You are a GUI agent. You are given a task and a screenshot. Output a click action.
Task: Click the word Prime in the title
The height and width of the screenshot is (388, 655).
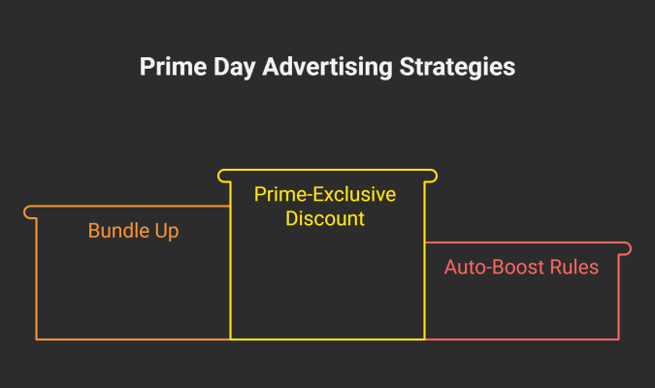click(174, 67)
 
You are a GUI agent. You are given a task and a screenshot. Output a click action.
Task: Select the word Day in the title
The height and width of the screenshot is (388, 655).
click(235, 68)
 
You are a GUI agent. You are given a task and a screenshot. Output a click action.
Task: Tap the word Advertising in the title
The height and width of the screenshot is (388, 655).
click(328, 68)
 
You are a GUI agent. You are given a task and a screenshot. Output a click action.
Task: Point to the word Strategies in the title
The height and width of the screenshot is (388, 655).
click(457, 68)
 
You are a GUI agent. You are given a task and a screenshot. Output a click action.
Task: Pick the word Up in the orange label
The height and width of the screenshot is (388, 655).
click(167, 232)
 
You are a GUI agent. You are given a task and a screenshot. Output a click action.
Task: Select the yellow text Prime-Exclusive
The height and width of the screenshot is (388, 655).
click(325, 195)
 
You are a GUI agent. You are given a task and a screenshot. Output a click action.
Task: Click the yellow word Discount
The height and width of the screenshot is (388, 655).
click(325, 218)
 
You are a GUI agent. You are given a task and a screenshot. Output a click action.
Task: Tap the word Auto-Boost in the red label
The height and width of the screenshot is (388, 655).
click(495, 268)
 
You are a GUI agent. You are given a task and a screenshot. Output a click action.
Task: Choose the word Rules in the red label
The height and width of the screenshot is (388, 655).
click(574, 268)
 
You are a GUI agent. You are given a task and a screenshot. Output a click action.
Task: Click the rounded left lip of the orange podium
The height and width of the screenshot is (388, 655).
click(28, 212)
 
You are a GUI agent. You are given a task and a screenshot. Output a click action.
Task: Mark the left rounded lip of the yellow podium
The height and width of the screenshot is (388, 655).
click(222, 176)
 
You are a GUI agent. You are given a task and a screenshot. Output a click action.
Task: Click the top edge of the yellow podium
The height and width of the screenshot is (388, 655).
click(328, 170)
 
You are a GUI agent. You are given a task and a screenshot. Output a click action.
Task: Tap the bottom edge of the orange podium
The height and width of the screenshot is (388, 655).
click(133, 339)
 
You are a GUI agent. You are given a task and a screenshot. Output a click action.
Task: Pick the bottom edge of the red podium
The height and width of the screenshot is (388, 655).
click(522, 339)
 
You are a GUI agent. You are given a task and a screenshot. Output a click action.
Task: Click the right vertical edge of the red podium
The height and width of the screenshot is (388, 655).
click(619, 298)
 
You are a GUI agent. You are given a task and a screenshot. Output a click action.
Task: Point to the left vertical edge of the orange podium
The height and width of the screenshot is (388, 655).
click(37, 279)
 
